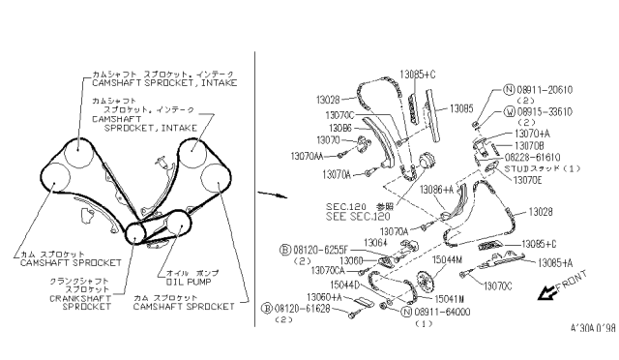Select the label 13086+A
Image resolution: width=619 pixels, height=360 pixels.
click(x=436, y=190)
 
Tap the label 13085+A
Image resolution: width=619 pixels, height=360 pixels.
click(x=556, y=262)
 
